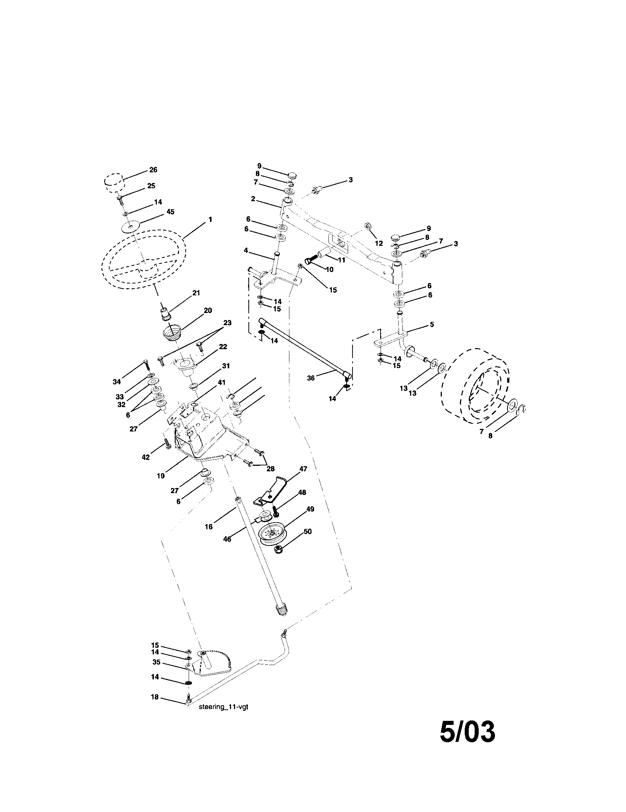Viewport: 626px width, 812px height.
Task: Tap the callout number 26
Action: [153, 169]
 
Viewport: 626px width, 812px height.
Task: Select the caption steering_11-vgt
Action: [223, 707]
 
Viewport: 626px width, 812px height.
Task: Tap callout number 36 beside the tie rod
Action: [311, 378]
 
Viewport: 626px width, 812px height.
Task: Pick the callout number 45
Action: [170, 211]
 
